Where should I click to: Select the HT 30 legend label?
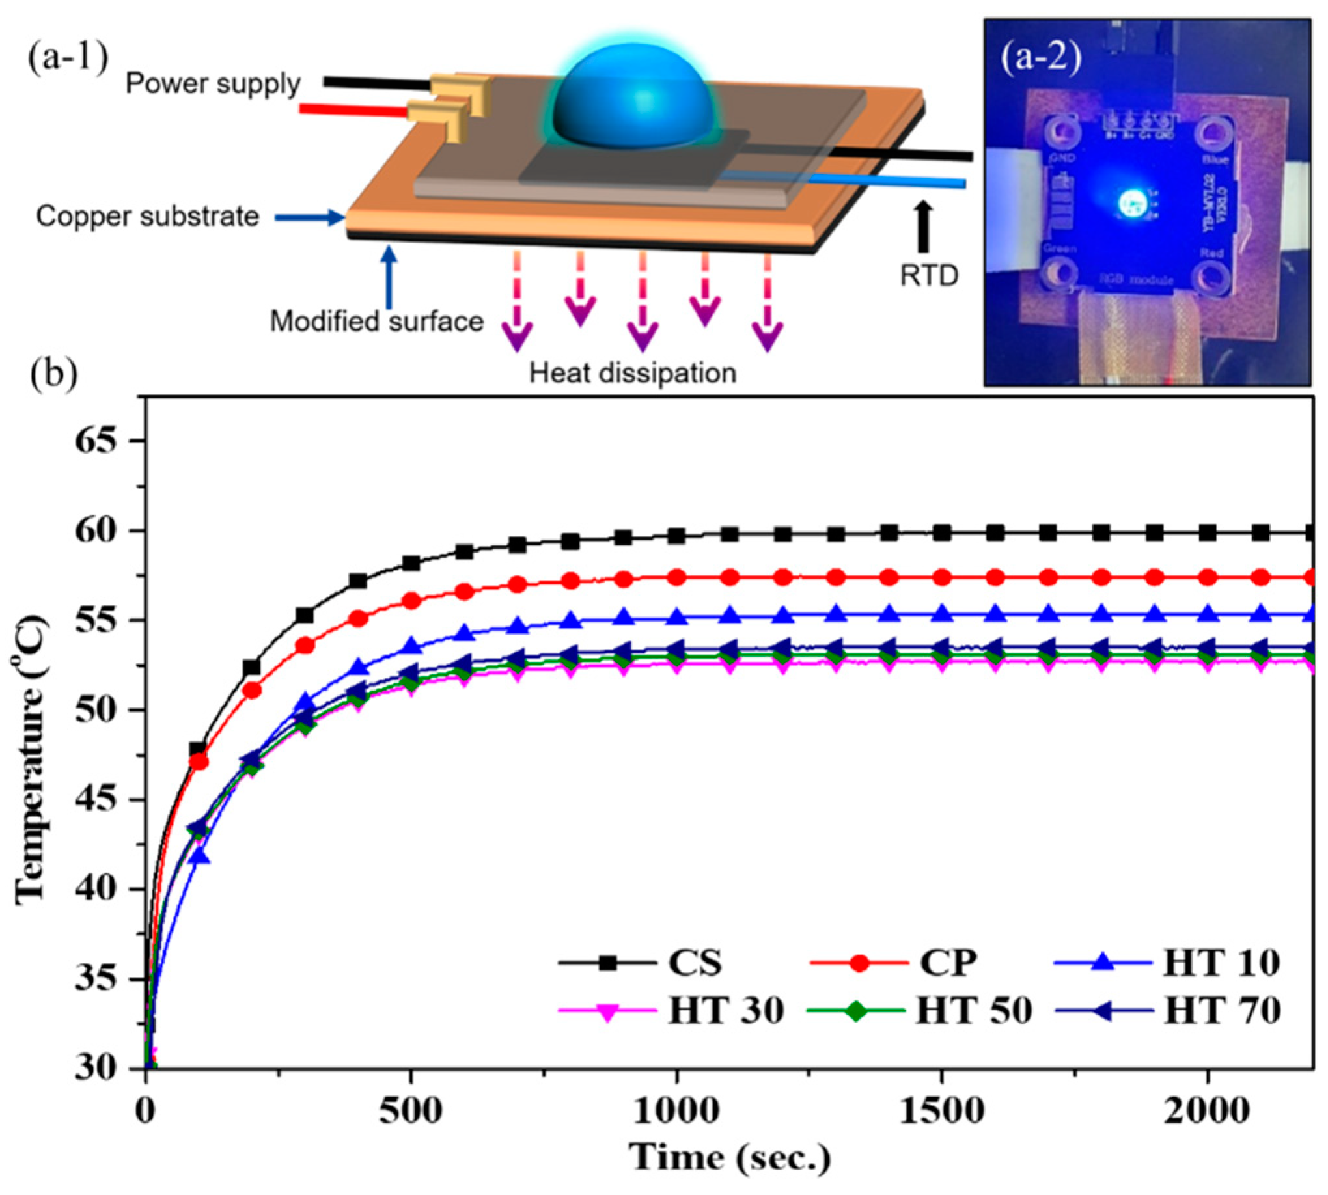726,1011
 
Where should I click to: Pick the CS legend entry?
695,963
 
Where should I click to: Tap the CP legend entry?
948,963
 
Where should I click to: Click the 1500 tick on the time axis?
942,1112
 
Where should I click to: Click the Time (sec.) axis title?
729,1157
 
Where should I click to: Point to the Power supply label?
213,84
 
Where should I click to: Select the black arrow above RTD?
924,227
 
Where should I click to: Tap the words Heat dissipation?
633,373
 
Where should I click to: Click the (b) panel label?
54,374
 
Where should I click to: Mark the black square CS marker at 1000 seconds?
676,536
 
